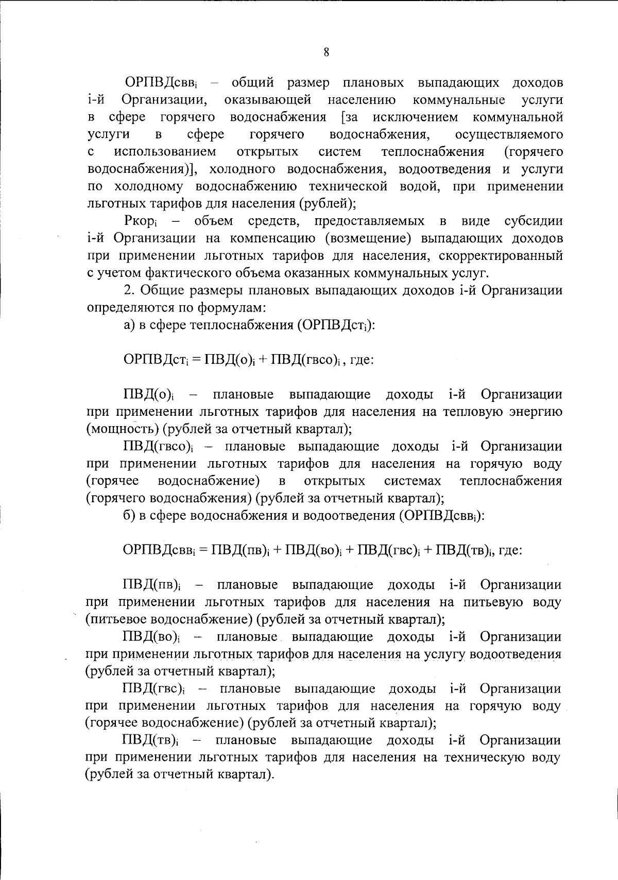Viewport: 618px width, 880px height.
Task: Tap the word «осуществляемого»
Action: [x=509, y=135]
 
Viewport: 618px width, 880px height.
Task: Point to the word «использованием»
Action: [x=165, y=152]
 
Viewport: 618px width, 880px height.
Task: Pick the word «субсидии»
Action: [x=534, y=221]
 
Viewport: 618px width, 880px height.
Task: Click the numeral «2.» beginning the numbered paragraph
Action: [x=129, y=291]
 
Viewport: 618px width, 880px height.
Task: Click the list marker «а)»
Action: [x=129, y=325]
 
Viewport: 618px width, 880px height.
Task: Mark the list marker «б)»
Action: [x=129, y=516]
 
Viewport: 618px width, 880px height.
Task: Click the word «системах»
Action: [x=413, y=481]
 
